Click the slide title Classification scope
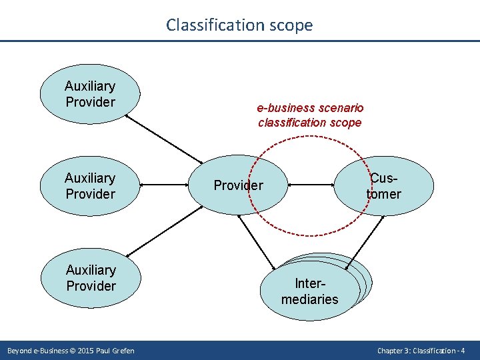[x=239, y=25]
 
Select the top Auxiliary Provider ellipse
[x=90, y=94]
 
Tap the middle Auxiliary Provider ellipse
[x=90, y=186]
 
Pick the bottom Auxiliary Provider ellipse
[x=91, y=278]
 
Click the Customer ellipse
[x=385, y=186]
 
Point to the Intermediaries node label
[x=309, y=291]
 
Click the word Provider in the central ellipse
[x=238, y=185]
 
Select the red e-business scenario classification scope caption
[x=310, y=115]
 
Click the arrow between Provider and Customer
[x=314, y=185]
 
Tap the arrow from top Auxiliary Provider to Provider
[x=164, y=139]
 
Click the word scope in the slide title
[x=289, y=25]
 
